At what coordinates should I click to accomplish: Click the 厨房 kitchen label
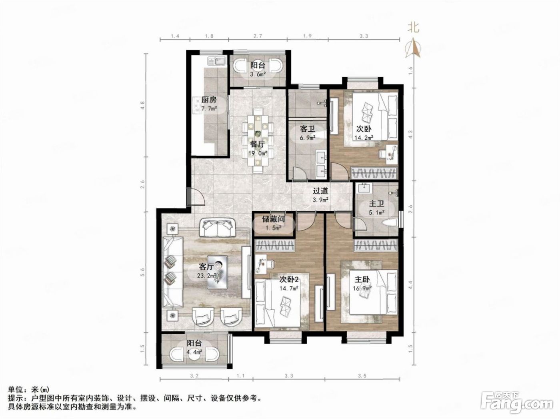tap(209, 100)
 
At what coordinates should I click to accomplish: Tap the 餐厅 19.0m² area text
tap(258, 153)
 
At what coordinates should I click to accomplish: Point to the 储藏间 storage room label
tap(274, 219)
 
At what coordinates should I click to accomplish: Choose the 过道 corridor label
tap(320, 191)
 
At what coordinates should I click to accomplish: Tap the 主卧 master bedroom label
tap(362, 280)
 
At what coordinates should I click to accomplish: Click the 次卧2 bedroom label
tap(289, 280)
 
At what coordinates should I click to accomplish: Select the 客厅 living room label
tap(206, 267)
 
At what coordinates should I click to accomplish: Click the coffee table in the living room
tap(217, 272)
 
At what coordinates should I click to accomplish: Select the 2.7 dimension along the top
tap(258, 36)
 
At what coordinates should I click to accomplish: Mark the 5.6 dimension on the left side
tap(143, 272)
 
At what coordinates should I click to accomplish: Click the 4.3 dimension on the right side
tap(410, 134)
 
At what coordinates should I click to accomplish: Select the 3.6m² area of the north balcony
tap(258, 74)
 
